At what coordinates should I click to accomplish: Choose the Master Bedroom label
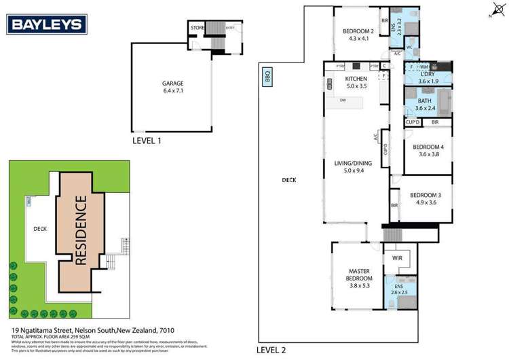coord(358,273)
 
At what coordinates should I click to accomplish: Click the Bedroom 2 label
coord(358,31)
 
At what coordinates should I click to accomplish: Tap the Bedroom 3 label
coord(426,196)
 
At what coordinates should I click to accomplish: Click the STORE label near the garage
coord(197,28)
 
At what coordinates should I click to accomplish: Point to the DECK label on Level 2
coord(290,180)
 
